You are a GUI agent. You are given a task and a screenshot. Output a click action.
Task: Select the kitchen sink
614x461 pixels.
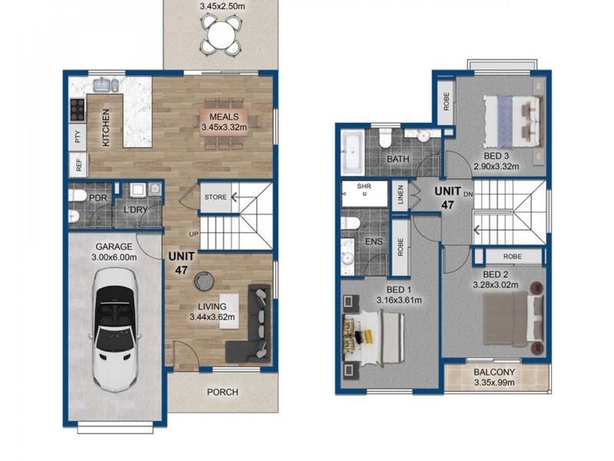coord(105,85)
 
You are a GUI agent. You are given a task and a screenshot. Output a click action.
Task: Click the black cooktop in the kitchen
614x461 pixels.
coord(78,109)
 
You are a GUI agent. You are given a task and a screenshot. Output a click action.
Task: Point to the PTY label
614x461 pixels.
coord(78,137)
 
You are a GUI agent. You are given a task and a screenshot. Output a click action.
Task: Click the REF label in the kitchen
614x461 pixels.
coord(79,165)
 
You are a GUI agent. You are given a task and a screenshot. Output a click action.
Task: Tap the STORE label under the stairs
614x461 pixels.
coord(216,197)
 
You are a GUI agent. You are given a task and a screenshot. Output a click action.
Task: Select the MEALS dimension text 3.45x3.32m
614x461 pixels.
coord(224,127)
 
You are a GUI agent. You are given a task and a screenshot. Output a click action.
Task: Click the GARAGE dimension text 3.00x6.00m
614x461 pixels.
coord(114,257)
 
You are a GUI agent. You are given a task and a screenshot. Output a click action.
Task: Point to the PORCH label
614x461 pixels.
coord(223,392)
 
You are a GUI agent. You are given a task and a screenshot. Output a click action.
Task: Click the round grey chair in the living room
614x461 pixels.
coord(204,281)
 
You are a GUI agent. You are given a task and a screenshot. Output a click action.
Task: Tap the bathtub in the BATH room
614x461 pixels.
coord(353,153)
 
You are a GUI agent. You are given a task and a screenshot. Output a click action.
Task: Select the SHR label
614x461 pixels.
coord(364,186)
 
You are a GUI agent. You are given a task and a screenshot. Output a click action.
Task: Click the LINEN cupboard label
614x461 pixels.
coord(400,195)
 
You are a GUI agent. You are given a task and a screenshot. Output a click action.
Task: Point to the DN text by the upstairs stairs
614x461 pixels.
coord(468,194)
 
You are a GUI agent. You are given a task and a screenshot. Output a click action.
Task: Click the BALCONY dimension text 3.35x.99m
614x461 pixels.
coord(494,383)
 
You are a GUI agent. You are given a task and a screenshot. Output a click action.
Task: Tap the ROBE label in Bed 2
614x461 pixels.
coord(512,257)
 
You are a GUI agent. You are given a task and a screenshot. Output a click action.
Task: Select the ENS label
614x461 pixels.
coord(374,241)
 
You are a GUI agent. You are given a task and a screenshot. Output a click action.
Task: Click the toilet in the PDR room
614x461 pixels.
coord(77,195)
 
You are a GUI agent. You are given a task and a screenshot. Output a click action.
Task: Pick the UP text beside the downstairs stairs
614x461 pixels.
coord(194,234)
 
